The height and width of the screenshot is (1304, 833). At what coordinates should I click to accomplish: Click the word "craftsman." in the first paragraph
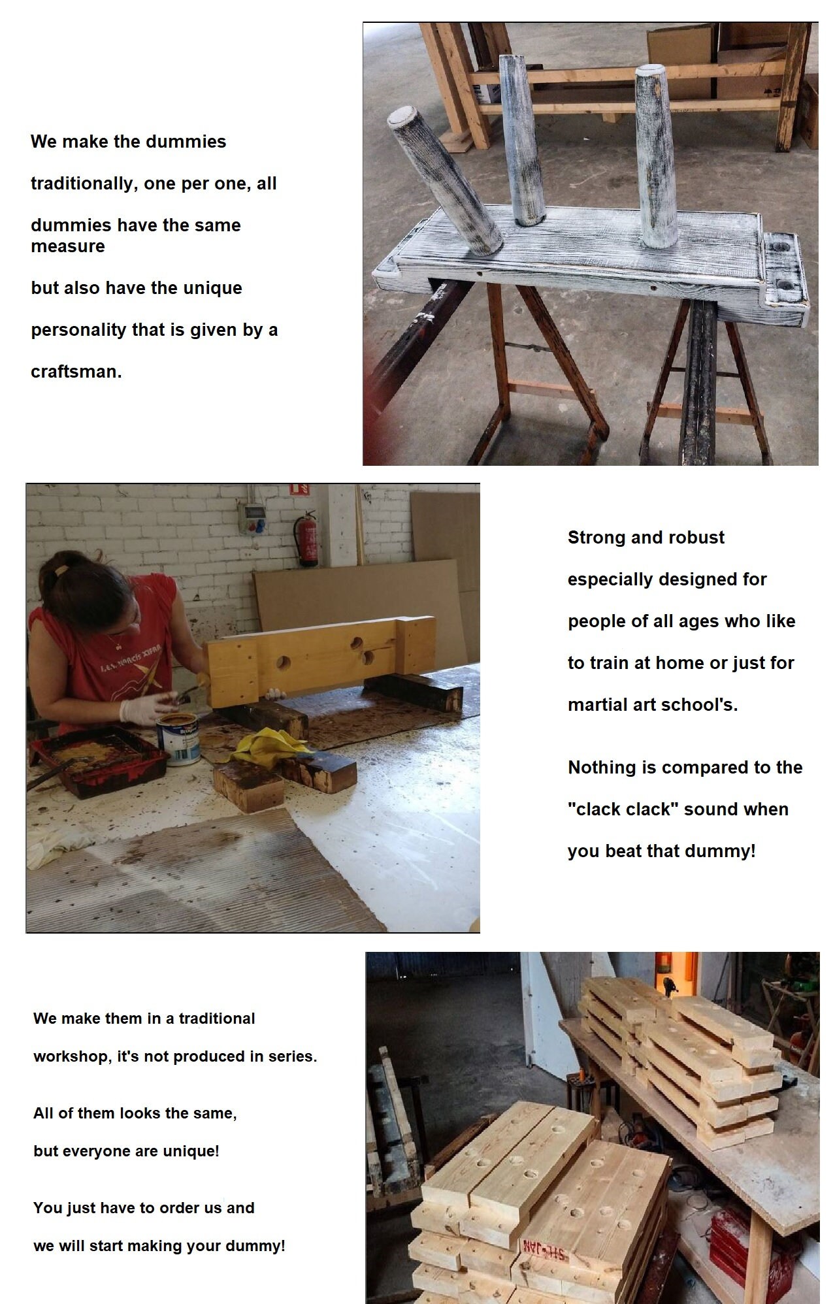pyautogui.click(x=76, y=372)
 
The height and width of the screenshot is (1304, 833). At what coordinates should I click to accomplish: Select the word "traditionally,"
pyautogui.click(x=82, y=184)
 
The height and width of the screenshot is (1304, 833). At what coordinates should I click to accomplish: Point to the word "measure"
pyautogui.click(x=67, y=246)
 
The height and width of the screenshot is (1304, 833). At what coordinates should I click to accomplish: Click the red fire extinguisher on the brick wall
pyautogui.click(x=307, y=540)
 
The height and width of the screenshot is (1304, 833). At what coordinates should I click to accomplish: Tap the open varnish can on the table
pyautogui.click(x=178, y=738)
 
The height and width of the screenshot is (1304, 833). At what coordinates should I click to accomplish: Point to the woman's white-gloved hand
pyautogui.click(x=145, y=708)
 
